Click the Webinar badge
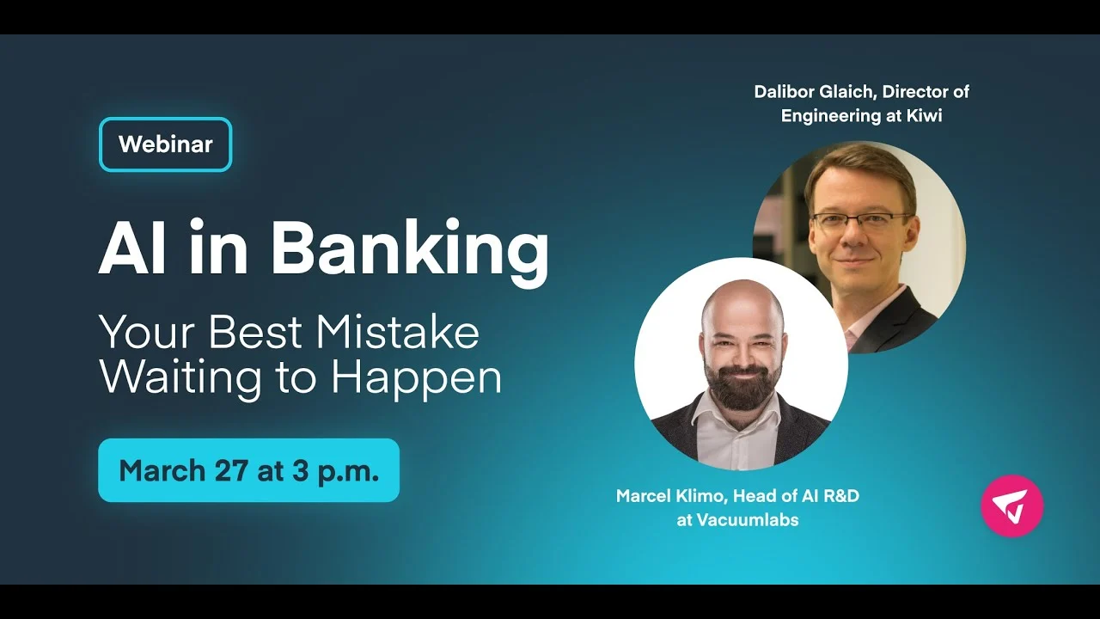coord(166,144)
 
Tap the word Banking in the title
coord(410,250)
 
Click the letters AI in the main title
coord(132,247)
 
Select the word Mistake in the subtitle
coord(397,332)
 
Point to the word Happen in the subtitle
coord(417,379)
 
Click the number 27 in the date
coord(231,470)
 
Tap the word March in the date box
coord(162,470)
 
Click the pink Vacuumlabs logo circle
coord(1012,506)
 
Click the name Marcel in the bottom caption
coord(644,496)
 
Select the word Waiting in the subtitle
coord(180,379)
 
